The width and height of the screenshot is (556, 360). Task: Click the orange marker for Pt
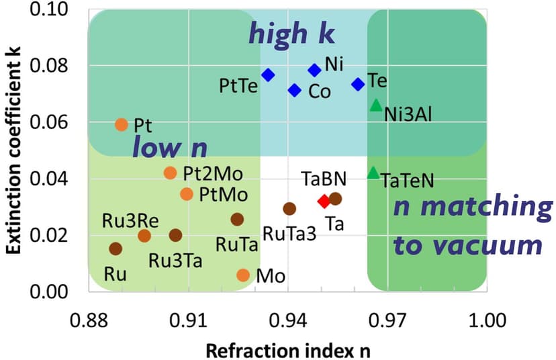(x=122, y=124)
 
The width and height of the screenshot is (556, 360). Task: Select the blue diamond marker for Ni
(x=314, y=70)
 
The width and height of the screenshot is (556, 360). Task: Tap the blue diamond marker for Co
(x=294, y=90)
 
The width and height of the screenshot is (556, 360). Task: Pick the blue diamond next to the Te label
(x=358, y=84)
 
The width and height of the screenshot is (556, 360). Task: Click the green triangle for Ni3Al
(x=376, y=105)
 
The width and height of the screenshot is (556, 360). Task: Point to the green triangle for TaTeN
(x=373, y=173)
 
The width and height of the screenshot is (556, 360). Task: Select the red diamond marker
(x=324, y=201)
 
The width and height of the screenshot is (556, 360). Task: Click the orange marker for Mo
(x=243, y=275)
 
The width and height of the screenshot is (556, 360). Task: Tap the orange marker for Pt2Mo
(x=170, y=173)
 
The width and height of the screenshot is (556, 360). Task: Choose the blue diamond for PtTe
(x=268, y=75)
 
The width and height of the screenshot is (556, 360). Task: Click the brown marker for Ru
(x=115, y=249)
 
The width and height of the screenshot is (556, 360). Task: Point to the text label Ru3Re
(x=126, y=220)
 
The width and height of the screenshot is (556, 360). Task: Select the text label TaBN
(x=324, y=179)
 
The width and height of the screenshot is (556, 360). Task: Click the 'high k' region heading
(x=292, y=33)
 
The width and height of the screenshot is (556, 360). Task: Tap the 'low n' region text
(x=169, y=147)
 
